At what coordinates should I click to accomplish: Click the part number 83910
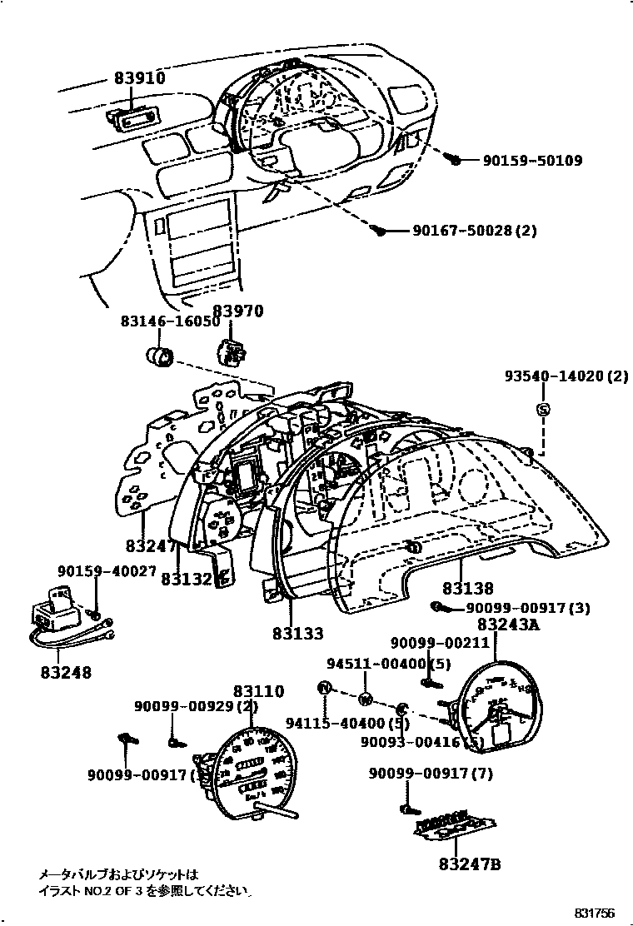click(140, 78)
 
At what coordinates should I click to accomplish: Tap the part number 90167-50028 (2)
click(475, 231)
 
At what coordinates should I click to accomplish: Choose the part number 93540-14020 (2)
click(566, 376)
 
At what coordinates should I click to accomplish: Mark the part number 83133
click(297, 632)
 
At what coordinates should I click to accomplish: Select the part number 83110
click(258, 691)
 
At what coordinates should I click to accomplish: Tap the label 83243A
click(507, 625)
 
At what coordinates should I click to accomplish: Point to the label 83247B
click(470, 864)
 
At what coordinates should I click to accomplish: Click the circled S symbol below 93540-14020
click(542, 408)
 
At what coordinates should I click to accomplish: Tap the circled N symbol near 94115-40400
click(324, 687)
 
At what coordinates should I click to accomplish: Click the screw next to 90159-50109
click(455, 158)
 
